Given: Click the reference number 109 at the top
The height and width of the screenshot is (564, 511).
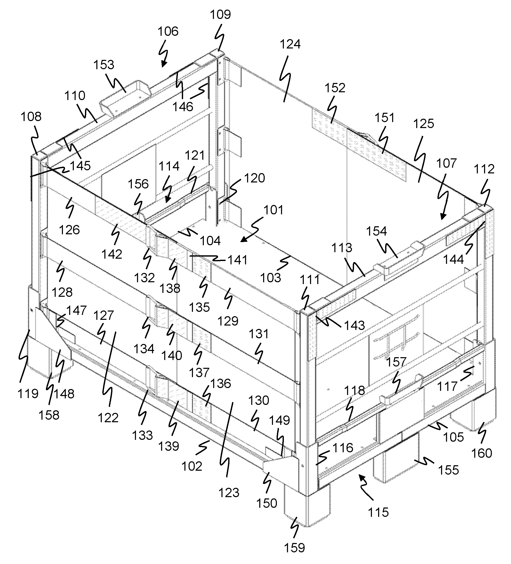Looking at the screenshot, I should pos(220,15).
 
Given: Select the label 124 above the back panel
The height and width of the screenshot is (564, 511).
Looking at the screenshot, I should pos(290,44).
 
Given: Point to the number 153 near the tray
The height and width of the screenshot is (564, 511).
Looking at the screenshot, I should pos(104,65).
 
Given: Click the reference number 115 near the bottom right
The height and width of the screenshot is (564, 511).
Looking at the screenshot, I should pos(378,512).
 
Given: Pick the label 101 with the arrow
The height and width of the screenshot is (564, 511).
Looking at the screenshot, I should pos(274,210).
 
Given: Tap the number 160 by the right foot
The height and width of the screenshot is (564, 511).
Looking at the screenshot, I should pos(481,453).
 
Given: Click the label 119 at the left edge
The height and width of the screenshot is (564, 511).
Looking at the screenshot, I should pos(28,394).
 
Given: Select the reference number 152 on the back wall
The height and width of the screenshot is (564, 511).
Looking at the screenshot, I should pos(335,88).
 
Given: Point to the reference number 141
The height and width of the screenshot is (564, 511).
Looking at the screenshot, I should pos(237,260).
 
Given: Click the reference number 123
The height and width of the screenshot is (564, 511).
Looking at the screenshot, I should pos(229,493).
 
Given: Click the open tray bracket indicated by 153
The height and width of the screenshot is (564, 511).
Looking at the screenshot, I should pos(126,98).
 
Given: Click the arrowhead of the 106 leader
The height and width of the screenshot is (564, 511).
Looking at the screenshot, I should pos(162,66).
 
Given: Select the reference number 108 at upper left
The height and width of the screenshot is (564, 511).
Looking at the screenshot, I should pos(31,117).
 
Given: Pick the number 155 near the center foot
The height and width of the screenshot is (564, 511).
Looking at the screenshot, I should pos(448,470).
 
